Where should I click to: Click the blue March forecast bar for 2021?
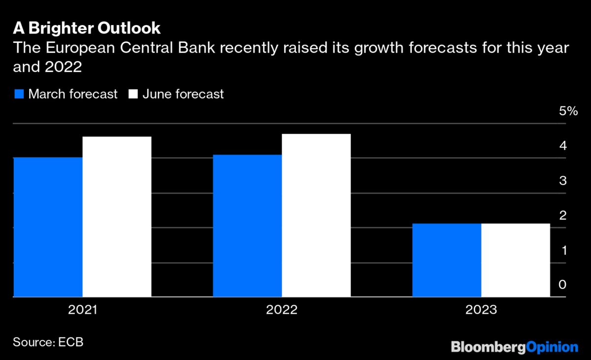point(48,227)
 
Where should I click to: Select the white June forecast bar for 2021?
point(117,217)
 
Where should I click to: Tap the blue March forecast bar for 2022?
point(247,226)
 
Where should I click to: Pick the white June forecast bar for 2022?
point(316,215)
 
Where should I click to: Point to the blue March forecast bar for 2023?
point(446,260)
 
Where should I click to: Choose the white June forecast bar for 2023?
point(516,260)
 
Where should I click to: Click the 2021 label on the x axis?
point(83,311)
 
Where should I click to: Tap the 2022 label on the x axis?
point(282,311)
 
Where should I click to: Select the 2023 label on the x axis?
point(481,311)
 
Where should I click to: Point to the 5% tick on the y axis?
point(568,111)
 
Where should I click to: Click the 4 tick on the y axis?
point(562,146)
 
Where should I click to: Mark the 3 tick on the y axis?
point(562,181)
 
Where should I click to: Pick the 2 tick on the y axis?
point(562,216)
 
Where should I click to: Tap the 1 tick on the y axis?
point(562,250)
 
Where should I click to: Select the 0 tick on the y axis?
point(562,285)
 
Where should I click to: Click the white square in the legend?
point(133,94)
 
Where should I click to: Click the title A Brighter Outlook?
point(87,28)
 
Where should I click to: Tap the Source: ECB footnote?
point(48,342)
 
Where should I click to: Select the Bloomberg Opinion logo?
point(514,347)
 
